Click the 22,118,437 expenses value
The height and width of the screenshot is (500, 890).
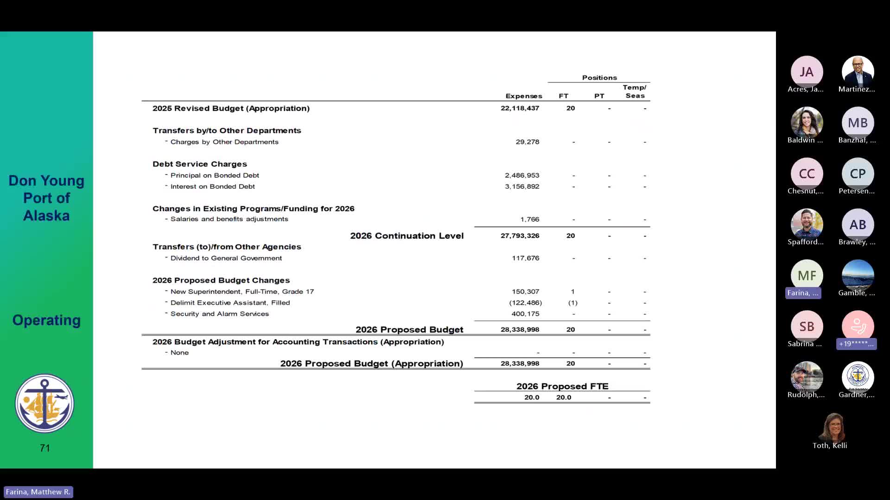pos(520,108)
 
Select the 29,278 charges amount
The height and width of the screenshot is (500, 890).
pos(527,142)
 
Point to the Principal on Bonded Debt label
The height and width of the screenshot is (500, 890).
pos(215,175)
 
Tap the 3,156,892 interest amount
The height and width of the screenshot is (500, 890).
pos(522,187)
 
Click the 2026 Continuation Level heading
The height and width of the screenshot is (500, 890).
pos(407,236)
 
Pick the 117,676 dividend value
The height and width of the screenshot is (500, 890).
pos(525,258)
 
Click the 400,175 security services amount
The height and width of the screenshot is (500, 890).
pos(525,314)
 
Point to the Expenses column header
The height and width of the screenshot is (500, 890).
pos(523,96)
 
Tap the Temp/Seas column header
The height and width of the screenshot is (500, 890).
pos(635,92)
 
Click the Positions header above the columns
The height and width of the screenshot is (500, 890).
pos(599,78)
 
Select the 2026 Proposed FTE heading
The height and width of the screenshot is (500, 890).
pos(562,386)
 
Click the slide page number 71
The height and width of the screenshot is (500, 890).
pos(45,448)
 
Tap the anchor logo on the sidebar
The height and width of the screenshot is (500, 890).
pos(44,403)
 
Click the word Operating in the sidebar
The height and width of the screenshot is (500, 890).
pos(46,320)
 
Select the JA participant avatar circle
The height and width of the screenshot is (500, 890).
pos(807,72)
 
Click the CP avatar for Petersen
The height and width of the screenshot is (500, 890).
pos(858,174)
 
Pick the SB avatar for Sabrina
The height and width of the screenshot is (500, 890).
pos(807,326)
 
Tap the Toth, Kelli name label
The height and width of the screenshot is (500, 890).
pos(830,445)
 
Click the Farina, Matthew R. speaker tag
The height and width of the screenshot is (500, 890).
pos(38,492)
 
